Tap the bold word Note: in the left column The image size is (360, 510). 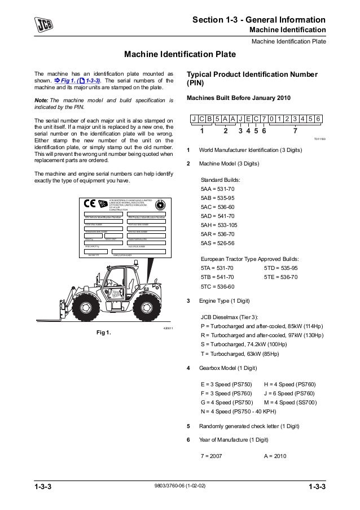tap(42, 100)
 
